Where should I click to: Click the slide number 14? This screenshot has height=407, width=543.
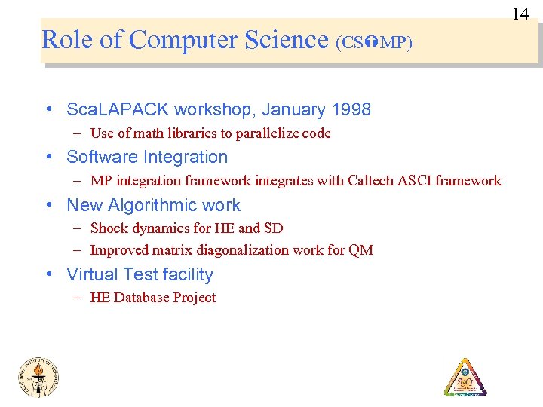coord(520,14)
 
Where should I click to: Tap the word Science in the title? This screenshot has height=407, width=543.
coord(287,39)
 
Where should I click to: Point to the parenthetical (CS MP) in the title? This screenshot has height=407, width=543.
coord(374,42)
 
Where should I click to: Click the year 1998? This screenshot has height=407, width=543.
coord(351,110)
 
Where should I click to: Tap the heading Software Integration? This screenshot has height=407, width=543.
coord(147,158)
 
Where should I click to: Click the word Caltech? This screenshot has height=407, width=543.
coord(372,181)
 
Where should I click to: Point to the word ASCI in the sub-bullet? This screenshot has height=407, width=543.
coord(416,181)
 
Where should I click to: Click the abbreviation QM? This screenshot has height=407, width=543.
coord(360,250)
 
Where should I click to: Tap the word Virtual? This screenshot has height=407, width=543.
coord(92,275)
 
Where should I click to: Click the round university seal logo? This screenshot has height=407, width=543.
coord(38,375)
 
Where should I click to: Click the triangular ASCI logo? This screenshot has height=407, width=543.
coord(465,377)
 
